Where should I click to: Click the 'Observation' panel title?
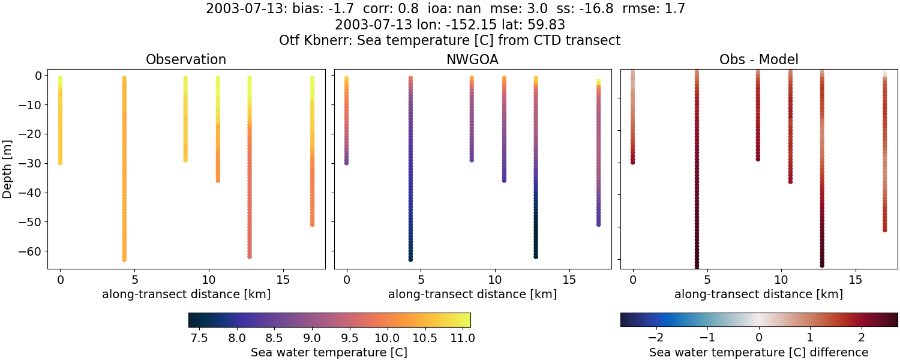click(186, 59)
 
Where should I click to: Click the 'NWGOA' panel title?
click(472, 59)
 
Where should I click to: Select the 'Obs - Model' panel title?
click(758, 59)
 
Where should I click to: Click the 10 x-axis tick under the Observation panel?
click(208, 280)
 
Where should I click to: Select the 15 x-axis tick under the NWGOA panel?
click(569, 280)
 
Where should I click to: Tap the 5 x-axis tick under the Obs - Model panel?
click(707, 280)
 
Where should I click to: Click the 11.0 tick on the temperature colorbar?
click(462, 338)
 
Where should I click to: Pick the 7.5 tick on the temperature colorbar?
click(199, 338)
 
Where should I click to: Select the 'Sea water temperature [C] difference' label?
click(758, 352)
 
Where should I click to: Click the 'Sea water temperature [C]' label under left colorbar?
click(329, 352)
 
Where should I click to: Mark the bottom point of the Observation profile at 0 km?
click(60, 163)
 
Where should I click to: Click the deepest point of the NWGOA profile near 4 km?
click(410, 259)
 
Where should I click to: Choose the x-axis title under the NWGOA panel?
click(472, 294)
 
